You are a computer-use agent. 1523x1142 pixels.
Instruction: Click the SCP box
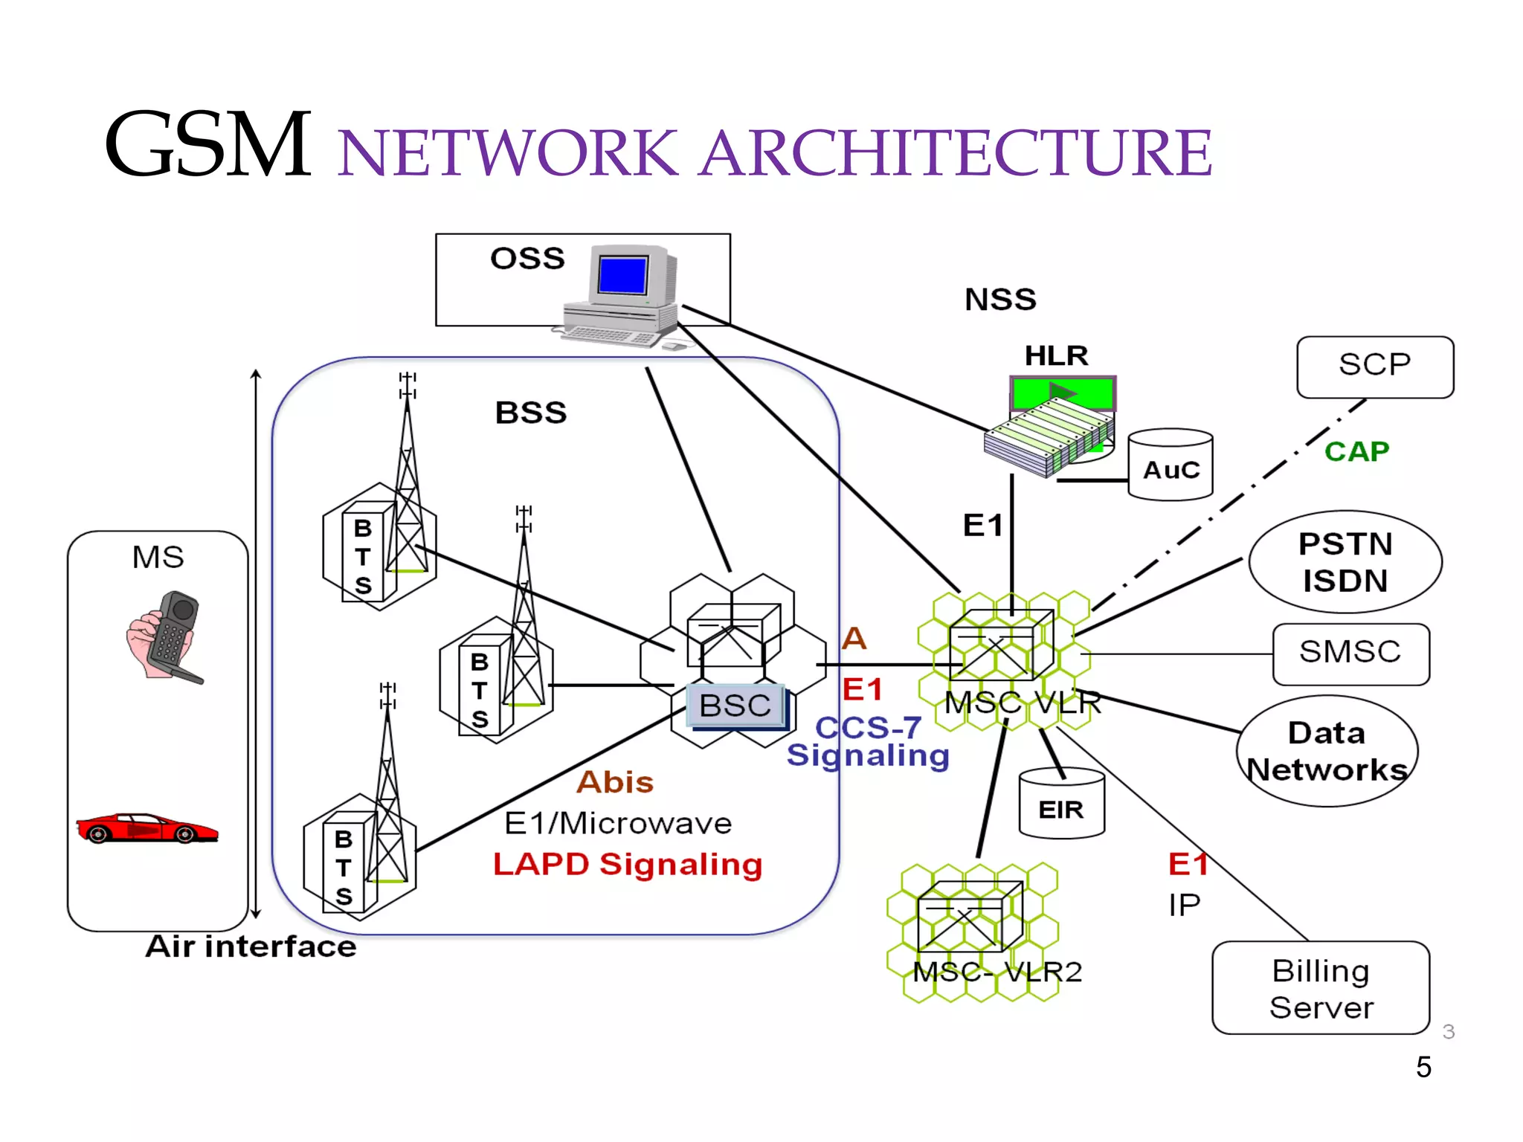[1374, 367]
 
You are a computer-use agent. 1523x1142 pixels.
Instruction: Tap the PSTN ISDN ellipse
[1345, 562]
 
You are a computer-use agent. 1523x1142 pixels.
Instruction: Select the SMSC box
[1350, 654]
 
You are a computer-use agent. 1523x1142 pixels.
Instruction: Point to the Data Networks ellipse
[1327, 751]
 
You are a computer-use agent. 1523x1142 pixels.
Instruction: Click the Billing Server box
[1321, 988]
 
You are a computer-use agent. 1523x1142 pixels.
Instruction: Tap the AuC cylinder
[1171, 467]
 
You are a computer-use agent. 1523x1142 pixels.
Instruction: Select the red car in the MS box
[147, 828]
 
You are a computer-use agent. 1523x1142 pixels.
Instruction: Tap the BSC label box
[735, 705]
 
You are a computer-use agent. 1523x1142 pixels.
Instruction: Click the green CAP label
[1356, 451]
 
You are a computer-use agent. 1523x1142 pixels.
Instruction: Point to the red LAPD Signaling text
[628, 865]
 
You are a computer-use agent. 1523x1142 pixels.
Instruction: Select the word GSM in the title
[208, 145]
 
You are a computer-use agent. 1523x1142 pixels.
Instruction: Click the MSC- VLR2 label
[996, 972]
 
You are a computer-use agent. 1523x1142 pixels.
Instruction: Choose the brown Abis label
[615, 782]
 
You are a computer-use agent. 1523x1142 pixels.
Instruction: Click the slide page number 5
[1423, 1067]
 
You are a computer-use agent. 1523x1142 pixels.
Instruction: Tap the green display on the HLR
[1062, 392]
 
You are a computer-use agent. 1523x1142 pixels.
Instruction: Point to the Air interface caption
[251, 946]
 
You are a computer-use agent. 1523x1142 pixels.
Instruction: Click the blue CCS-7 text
[869, 727]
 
